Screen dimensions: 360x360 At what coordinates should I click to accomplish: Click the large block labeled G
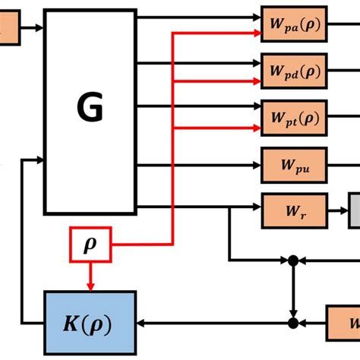(x=90, y=111)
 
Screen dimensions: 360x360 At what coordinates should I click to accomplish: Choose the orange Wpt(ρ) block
(x=294, y=117)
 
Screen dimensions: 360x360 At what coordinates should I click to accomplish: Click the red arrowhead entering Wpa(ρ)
(x=257, y=33)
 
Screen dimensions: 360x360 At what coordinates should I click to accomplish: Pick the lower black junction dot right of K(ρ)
(x=292, y=324)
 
